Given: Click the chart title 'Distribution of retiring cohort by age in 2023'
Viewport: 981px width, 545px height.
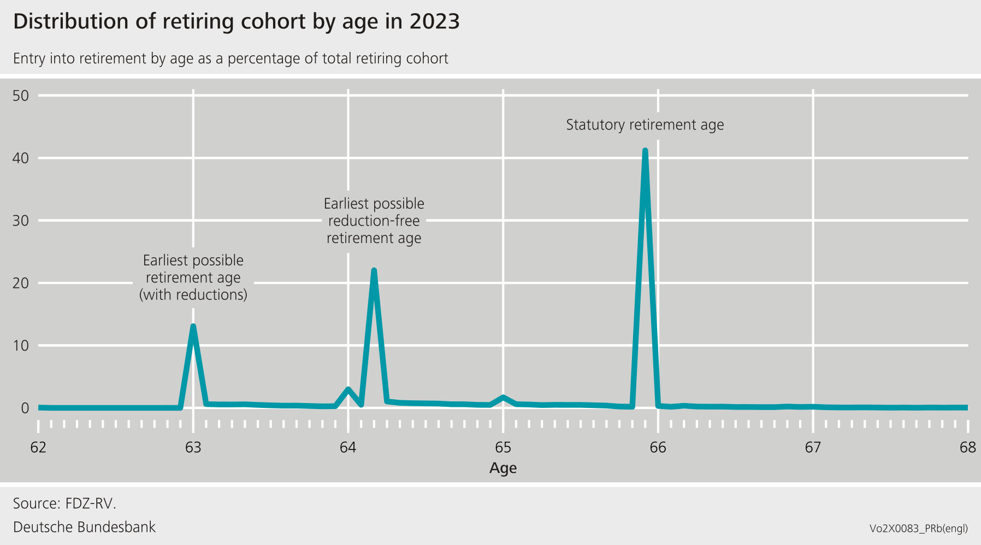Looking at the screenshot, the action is [237, 22].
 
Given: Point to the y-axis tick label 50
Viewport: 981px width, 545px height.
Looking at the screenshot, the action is [21, 96].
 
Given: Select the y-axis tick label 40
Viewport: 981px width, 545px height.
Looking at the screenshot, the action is [21, 158].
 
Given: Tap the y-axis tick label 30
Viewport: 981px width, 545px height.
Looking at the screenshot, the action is [21, 221].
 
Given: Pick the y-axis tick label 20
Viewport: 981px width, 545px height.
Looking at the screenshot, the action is [21, 283].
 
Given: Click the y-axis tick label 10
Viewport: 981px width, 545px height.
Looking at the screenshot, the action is [21, 346].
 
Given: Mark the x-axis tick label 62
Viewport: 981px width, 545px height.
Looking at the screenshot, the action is [38, 448].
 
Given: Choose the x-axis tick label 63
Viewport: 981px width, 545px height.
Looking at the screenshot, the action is [193, 448].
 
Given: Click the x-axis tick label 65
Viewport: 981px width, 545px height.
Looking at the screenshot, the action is [503, 448].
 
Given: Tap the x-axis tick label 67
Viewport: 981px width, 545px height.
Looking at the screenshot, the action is [813, 448].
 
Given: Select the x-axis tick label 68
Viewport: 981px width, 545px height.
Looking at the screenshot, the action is [967, 448].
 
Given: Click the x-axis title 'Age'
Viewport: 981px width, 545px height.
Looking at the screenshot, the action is [503, 469].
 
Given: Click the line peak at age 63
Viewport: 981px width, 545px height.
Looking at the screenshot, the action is [193, 327].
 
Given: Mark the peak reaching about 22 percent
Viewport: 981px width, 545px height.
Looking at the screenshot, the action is [374, 270].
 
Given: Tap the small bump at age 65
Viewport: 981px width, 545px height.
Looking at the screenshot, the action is [503, 398].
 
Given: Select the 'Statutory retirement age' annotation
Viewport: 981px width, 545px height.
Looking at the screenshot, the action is [645, 125].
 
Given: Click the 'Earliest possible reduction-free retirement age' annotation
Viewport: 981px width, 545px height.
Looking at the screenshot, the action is [374, 221].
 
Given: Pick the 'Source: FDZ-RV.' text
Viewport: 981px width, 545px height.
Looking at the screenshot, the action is [65, 503].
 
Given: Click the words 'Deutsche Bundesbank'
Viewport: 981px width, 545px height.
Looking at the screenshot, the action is [85, 528].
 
